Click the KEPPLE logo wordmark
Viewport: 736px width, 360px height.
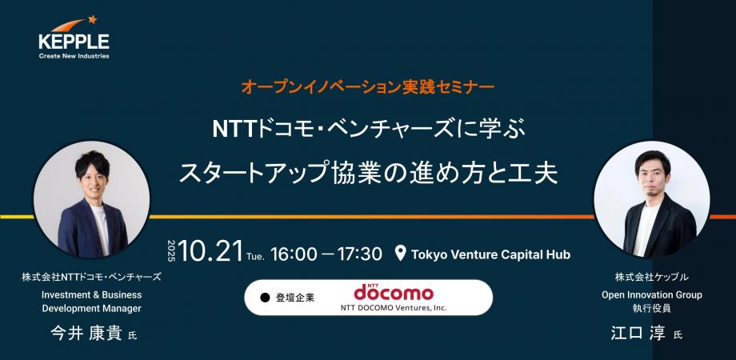tap(74, 42)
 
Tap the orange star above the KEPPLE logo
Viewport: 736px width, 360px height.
tap(92, 19)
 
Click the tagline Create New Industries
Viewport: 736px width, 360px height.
tap(74, 56)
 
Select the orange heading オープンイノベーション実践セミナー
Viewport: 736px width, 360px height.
tap(367, 87)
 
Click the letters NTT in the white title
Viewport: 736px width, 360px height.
tap(232, 130)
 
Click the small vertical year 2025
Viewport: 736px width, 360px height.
tap(171, 251)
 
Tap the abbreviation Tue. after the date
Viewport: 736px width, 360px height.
tap(255, 256)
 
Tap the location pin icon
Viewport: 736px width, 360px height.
tap(400, 254)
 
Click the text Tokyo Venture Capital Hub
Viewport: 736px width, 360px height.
tap(490, 254)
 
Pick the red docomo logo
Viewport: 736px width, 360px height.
tap(394, 292)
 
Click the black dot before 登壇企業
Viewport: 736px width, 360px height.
tap(266, 298)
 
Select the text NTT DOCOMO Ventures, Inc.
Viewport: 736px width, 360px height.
tap(394, 308)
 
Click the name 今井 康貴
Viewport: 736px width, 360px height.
tap(87, 334)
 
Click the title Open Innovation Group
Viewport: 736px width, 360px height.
tap(652, 295)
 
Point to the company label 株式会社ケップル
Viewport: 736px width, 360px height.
tap(652, 277)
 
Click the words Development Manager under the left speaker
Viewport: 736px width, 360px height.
tap(91, 308)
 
